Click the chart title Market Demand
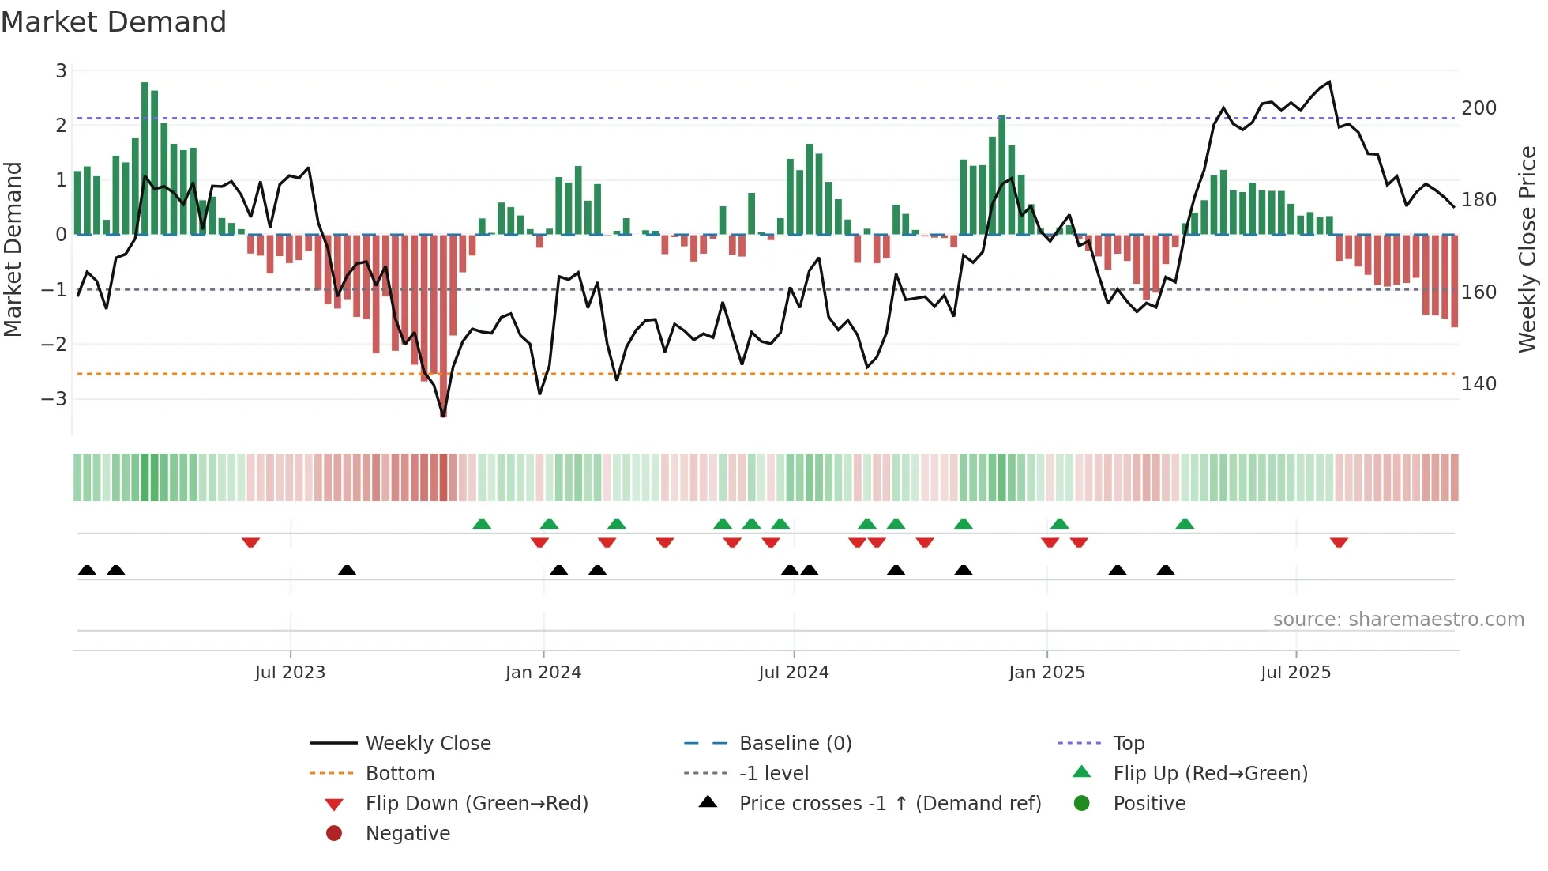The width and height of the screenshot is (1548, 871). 114,22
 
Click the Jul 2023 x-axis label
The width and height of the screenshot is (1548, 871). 290,673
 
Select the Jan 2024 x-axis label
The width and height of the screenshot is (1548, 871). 543,673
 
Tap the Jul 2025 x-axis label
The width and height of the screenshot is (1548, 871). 1295,673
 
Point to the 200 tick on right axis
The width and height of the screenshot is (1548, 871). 1478,108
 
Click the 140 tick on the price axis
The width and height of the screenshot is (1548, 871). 1478,384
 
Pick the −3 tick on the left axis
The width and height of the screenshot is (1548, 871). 54,398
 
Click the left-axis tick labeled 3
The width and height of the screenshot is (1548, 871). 61,71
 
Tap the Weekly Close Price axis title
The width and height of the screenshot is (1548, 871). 1527,249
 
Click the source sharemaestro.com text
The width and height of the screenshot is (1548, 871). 1398,620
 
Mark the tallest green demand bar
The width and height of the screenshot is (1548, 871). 145,158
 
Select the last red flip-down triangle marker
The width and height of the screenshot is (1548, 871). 1339,542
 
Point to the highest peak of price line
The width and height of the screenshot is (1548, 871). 1329,82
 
